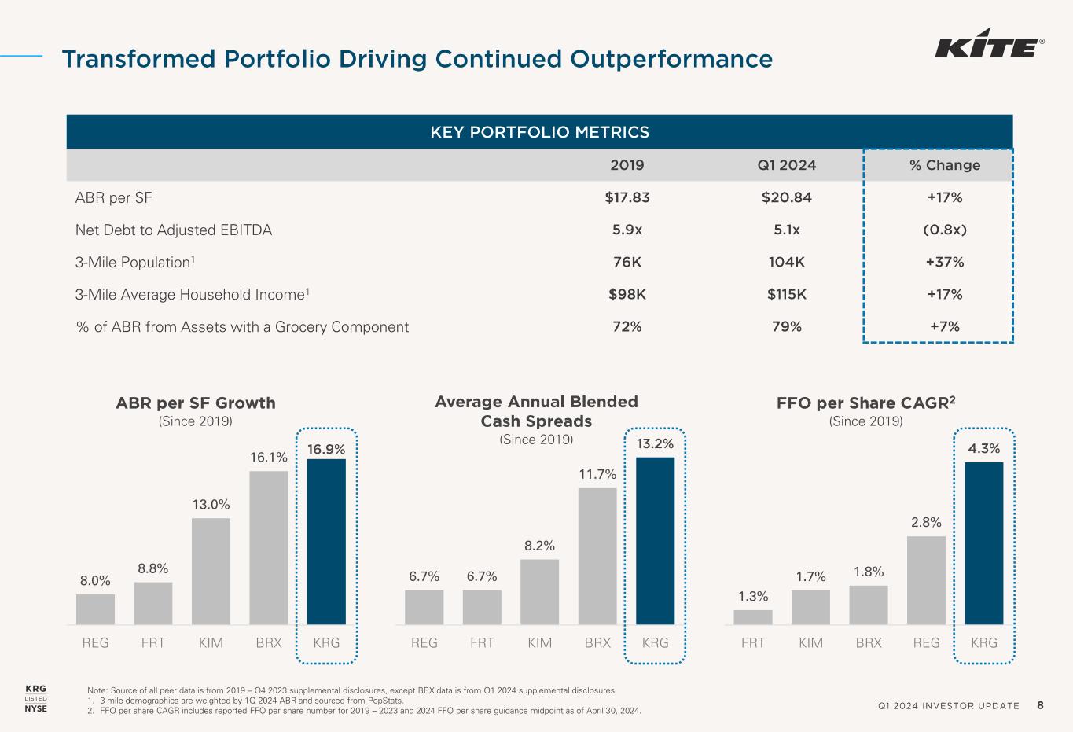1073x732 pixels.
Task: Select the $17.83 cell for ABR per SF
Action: tap(627, 197)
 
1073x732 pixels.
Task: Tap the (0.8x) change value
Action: tap(944, 230)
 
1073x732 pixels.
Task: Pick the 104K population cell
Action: tap(786, 262)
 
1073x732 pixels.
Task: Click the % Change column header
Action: tap(943, 165)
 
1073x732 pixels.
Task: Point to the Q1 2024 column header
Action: tap(786, 165)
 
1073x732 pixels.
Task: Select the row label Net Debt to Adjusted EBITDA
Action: tap(173, 230)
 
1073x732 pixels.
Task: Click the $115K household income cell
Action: tap(786, 294)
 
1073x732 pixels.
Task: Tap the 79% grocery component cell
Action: tap(786, 326)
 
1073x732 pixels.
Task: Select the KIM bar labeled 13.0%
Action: tap(211, 571)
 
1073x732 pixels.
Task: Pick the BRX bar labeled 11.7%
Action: tap(597, 556)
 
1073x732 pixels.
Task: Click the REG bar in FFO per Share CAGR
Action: tap(926, 580)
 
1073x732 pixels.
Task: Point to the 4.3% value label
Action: tap(983, 448)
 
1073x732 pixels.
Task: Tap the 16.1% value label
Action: tap(269, 457)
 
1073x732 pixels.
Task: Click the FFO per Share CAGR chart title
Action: tap(865, 403)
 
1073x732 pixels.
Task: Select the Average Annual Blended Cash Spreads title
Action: tap(536, 411)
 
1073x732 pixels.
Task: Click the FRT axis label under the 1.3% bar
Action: tap(752, 642)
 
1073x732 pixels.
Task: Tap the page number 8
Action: tap(1040, 705)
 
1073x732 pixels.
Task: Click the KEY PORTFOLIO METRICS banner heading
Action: tap(539, 132)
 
